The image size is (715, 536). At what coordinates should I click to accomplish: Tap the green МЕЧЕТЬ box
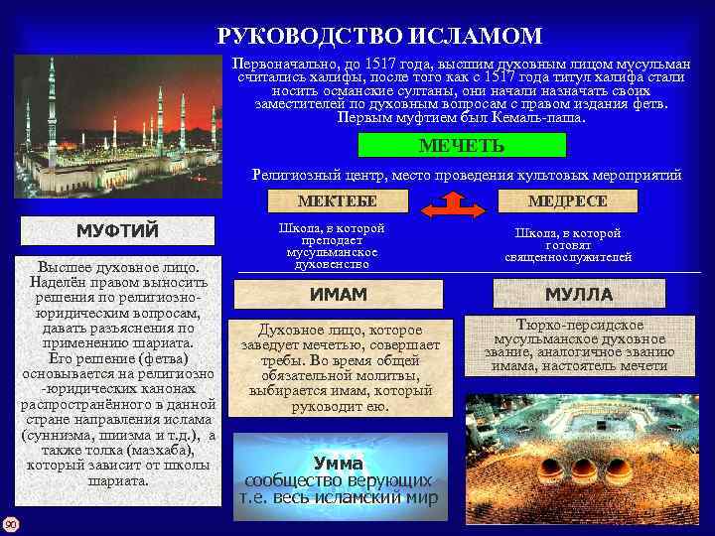pos(461,146)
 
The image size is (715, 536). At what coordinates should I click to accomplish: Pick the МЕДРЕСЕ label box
pos(567,201)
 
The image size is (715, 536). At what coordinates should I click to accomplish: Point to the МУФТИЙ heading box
pos(117,231)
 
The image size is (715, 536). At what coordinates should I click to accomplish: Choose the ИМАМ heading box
pos(339,295)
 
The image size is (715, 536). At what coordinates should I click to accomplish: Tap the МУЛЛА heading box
pos(579,295)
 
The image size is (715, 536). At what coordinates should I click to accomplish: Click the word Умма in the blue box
pos(338,463)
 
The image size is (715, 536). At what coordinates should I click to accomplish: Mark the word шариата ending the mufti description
pos(118,480)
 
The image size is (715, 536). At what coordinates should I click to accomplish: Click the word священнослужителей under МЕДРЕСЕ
pos(567,258)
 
